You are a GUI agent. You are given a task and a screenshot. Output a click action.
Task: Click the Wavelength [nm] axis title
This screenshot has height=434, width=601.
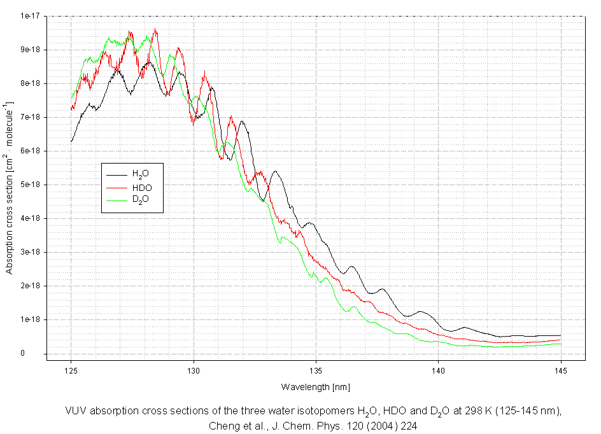(x=315, y=387)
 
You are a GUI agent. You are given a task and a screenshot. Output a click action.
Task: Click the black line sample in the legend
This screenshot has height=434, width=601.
(x=117, y=174)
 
